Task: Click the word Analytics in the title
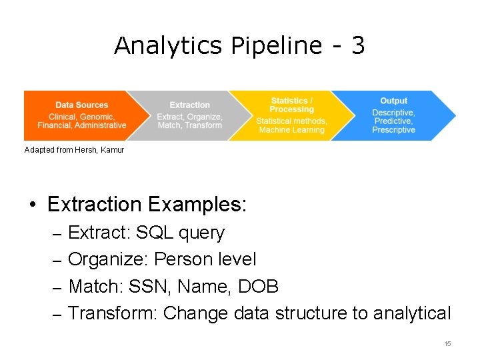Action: tap(169, 46)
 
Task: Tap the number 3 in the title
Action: tap(358, 46)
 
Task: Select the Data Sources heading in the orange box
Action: tap(82, 105)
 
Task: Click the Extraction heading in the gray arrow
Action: tap(190, 105)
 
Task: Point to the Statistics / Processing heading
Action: tap(292, 105)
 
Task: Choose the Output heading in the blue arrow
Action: tap(393, 101)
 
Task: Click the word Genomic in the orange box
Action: tap(97, 116)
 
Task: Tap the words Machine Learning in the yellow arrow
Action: tap(291, 130)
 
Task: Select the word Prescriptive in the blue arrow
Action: tap(393, 130)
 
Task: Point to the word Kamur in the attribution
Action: tap(112, 150)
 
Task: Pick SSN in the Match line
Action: tap(143, 287)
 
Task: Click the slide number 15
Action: tap(447, 343)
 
